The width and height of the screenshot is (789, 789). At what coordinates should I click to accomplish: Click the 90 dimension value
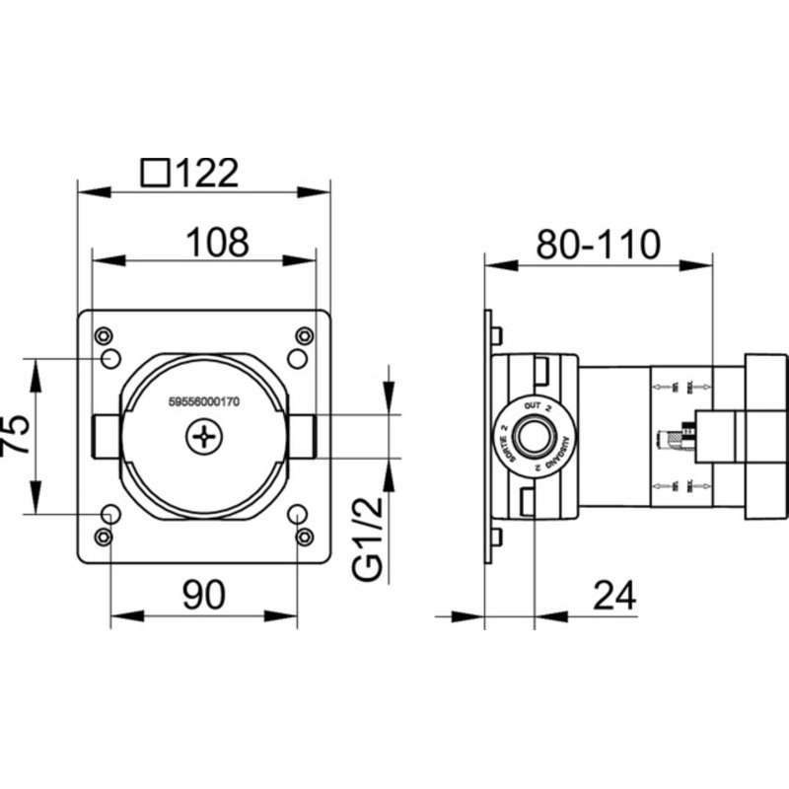click(203, 594)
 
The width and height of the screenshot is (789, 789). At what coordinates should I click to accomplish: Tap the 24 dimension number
click(613, 595)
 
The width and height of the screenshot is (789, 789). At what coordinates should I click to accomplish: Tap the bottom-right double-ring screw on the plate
click(304, 537)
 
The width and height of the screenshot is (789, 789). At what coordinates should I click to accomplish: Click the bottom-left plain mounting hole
click(111, 514)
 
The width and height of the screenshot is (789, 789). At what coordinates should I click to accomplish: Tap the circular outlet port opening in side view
click(535, 435)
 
